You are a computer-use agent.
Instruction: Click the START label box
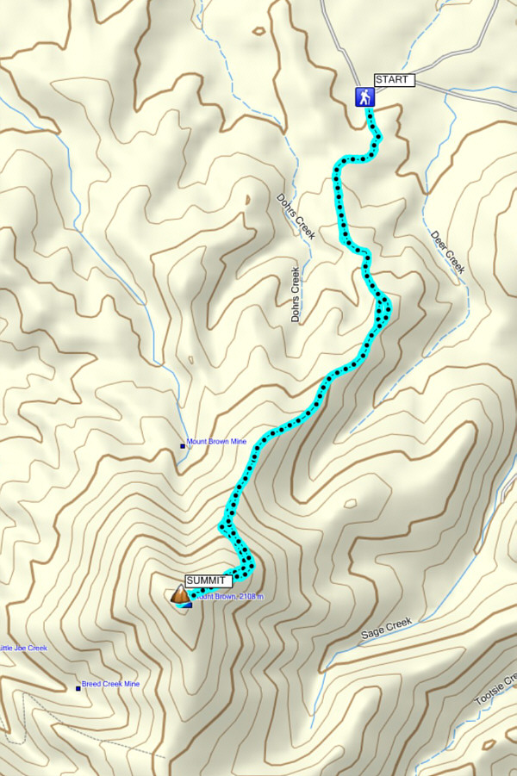[x=395, y=81]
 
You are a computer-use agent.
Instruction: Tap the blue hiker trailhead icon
[x=365, y=97]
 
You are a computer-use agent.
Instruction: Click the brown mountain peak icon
[x=180, y=594]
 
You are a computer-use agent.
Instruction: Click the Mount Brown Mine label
[x=216, y=442]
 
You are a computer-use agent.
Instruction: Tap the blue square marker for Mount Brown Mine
[x=182, y=445]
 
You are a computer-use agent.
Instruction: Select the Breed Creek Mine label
[x=110, y=684]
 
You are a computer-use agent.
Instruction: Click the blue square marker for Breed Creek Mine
[x=78, y=687]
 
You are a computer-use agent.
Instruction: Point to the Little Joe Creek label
[x=23, y=648]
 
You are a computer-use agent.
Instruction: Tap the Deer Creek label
[x=447, y=252]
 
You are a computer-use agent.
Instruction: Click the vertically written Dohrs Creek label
[x=296, y=295]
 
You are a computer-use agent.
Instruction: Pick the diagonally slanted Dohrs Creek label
[x=296, y=215]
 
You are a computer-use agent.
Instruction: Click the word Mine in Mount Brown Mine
[x=237, y=442]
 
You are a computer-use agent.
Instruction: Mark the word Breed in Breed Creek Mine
[x=92, y=684]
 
